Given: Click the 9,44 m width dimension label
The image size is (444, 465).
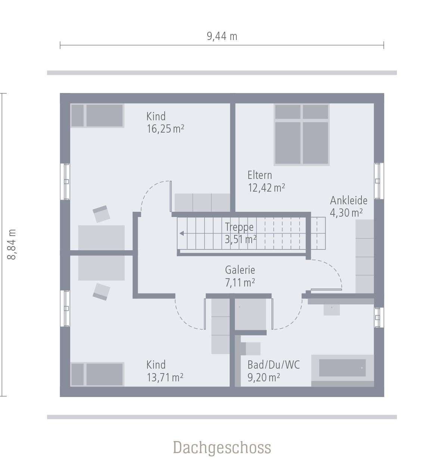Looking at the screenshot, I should [x=222, y=36].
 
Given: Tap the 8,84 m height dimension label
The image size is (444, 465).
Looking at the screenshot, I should [x=12, y=245].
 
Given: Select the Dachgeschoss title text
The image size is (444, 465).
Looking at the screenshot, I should [x=222, y=447].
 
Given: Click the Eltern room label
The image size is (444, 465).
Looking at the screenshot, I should [x=260, y=175].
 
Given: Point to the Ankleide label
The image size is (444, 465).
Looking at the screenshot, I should [x=348, y=201].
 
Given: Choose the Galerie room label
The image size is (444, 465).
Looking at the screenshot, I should [x=240, y=270].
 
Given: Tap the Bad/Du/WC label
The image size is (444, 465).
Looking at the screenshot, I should [x=273, y=365].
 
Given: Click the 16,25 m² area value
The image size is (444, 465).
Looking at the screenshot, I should [x=165, y=129].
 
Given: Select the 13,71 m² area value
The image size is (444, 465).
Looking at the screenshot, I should [x=165, y=378].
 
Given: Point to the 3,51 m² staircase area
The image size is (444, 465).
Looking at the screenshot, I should [x=240, y=239].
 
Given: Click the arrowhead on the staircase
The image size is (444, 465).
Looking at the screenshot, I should [x=181, y=233].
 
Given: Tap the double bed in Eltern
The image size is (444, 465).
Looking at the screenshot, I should [x=301, y=134].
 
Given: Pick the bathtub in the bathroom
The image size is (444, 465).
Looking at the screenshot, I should [x=342, y=368].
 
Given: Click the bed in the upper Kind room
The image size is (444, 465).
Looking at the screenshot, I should [x=97, y=116].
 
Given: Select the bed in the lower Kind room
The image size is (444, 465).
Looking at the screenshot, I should [x=97, y=374].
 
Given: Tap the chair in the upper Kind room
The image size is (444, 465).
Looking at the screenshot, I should [x=101, y=214].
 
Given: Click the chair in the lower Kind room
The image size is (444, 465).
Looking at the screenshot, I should [x=101, y=291].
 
